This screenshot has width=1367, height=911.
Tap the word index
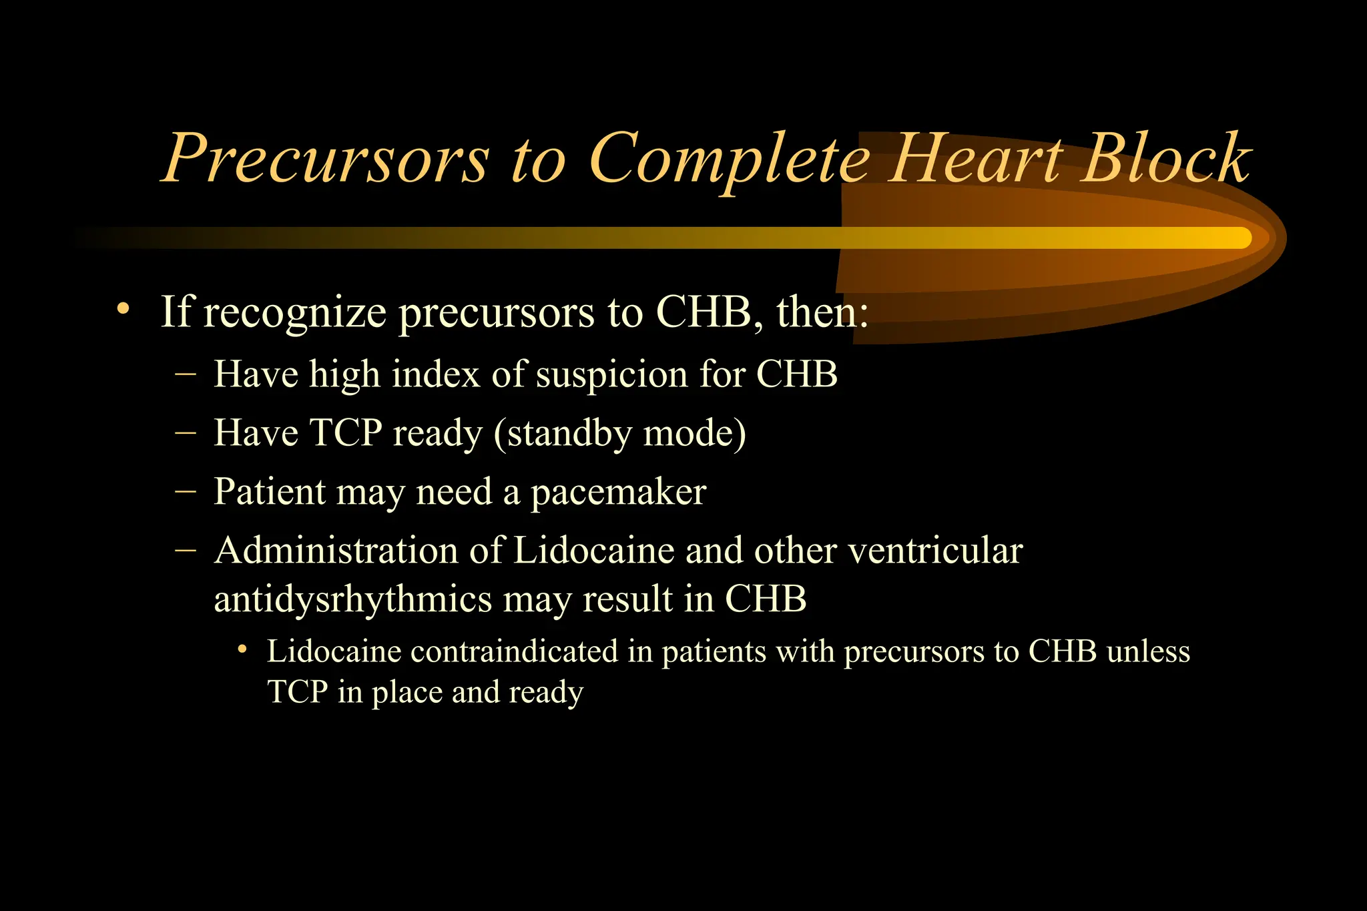436,374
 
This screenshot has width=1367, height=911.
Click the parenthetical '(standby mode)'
619,434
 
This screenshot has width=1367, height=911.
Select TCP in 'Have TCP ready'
345,432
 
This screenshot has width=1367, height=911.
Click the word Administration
335,551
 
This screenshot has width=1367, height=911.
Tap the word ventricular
935,551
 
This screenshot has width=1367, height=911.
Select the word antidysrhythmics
352,599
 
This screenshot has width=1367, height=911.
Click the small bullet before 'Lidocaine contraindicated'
243,649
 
